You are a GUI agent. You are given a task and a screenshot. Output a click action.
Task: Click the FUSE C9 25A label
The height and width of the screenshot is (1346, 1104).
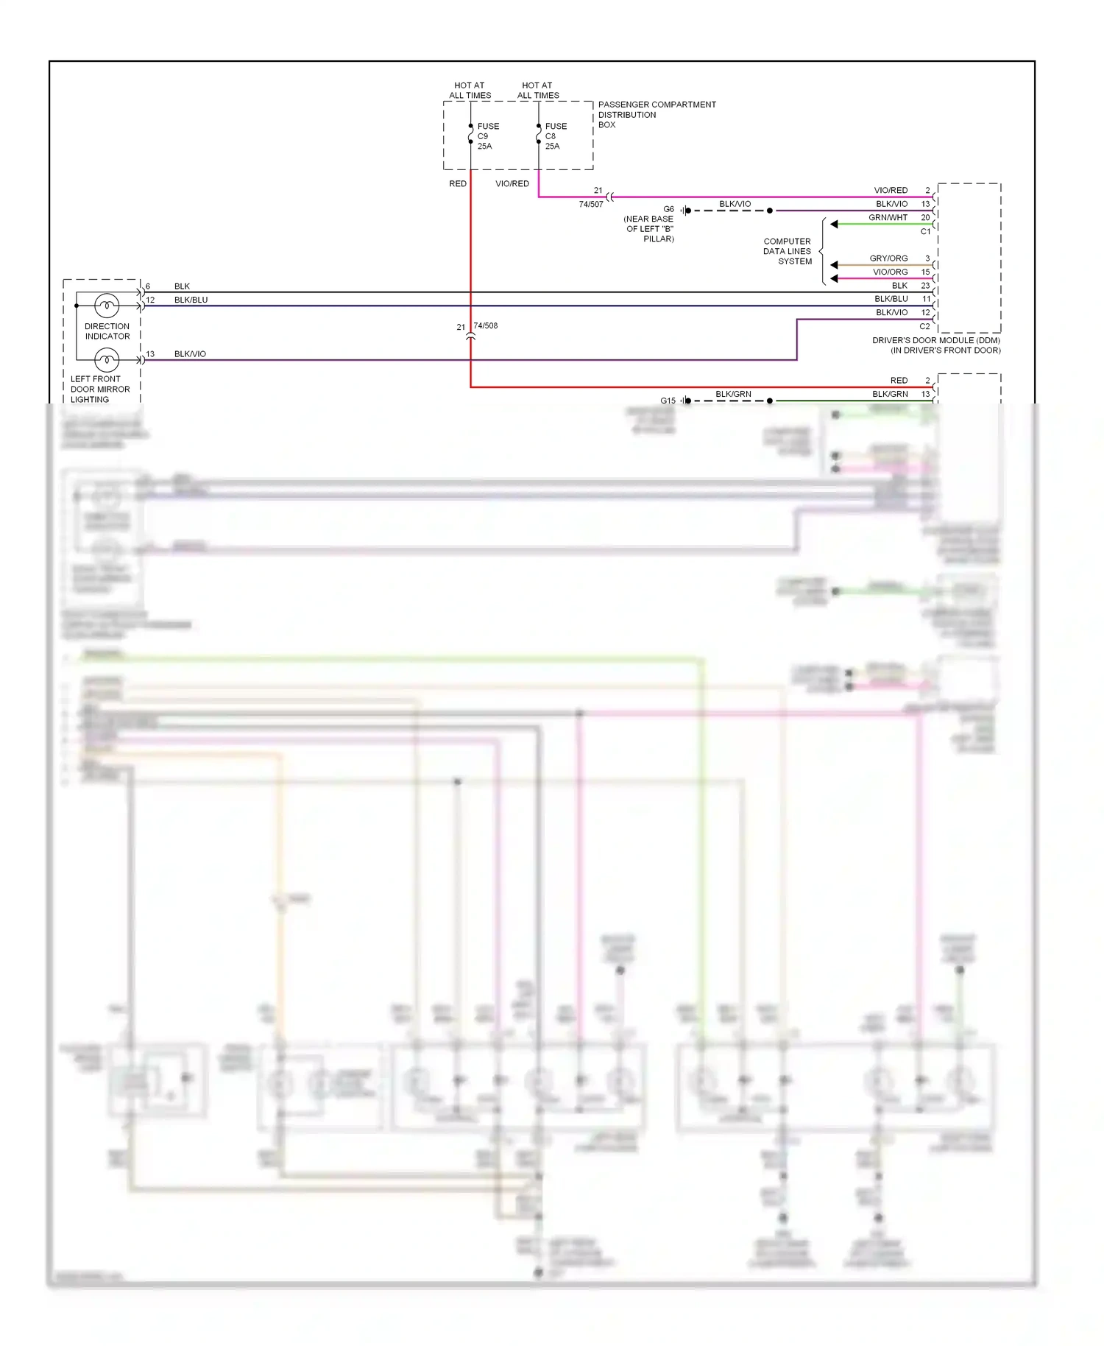coord(487,136)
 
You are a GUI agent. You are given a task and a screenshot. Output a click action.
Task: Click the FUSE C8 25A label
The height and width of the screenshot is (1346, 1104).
coord(555,136)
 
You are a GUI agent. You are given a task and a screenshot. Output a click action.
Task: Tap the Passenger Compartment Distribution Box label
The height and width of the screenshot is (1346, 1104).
coord(656,114)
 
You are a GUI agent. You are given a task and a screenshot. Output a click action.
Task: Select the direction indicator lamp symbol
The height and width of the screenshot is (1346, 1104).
coord(107,306)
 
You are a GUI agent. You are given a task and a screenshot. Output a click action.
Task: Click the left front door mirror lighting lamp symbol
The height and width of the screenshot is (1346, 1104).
coord(107,360)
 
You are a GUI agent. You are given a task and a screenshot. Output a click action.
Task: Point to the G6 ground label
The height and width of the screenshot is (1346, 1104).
coord(668,209)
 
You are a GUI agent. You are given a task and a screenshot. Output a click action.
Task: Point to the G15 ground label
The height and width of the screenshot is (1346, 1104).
coord(668,401)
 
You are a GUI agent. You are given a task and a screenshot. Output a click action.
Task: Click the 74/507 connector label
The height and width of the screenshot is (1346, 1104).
coord(590,204)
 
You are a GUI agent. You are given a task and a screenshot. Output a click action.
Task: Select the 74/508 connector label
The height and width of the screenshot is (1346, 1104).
coord(486,325)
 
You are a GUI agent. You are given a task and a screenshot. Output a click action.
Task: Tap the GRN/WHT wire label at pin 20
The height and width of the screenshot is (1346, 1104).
coord(888,217)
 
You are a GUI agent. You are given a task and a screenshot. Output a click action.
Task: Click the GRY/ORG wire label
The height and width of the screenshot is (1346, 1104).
coord(888,258)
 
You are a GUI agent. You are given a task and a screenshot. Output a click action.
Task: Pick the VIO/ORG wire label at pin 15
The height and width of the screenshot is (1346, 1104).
coord(890,272)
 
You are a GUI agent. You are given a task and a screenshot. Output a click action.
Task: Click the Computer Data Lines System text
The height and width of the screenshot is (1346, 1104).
coord(788,251)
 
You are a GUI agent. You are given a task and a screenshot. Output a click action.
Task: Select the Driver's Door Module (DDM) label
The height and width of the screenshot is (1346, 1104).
coord(936,345)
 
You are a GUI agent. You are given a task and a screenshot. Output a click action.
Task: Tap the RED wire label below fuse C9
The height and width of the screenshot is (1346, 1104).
coord(458,183)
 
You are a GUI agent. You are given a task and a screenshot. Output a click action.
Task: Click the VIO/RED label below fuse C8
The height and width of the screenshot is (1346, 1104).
coord(512,183)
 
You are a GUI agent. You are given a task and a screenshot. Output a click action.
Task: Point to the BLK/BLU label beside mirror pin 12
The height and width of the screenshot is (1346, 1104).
coord(191,300)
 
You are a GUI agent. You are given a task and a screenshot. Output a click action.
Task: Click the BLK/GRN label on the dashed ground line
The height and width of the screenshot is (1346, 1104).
coord(733,394)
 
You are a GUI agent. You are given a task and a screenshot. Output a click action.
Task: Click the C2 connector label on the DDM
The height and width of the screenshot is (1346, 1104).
coord(924,326)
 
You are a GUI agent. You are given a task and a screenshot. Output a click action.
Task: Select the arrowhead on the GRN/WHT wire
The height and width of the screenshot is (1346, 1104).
coord(834,224)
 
